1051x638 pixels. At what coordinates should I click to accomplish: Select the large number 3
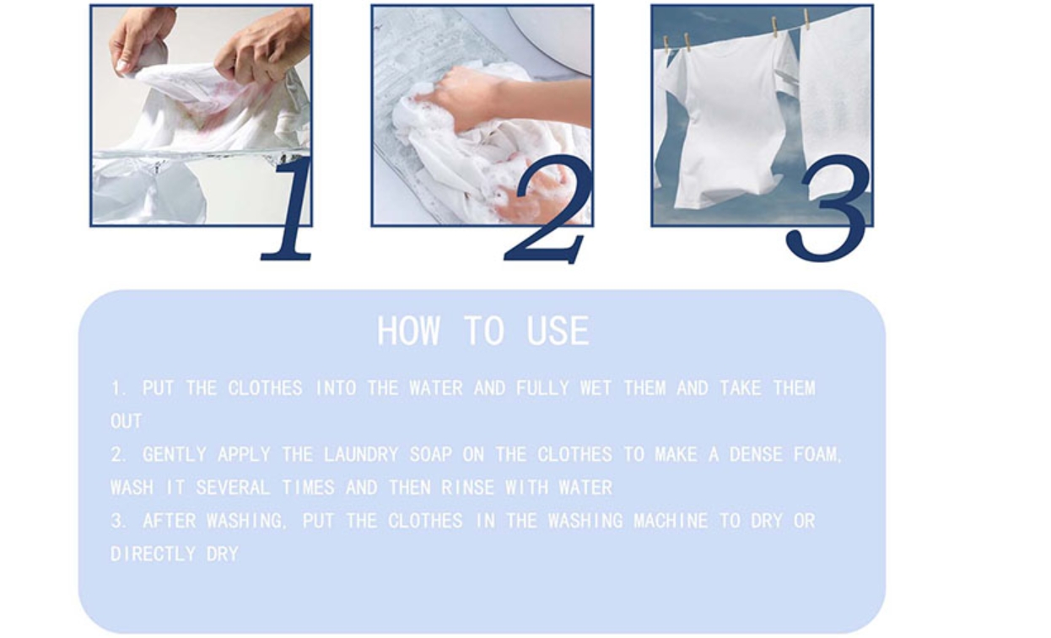(828, 209)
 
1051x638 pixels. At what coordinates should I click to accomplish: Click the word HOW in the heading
(408, 331)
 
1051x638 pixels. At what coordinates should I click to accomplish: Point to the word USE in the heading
(558, 331)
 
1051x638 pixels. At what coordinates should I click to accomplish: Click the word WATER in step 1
(436, 389)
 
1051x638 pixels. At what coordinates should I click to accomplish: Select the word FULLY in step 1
(543, 389)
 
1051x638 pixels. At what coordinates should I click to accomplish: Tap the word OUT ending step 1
(127, 421)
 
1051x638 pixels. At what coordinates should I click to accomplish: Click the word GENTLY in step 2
(175, 454)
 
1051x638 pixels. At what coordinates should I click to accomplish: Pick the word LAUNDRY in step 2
(361, 454)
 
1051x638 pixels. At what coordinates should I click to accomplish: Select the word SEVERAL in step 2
(233, 487)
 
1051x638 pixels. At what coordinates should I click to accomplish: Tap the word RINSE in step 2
(468, 487)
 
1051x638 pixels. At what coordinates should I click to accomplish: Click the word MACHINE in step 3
(671, 521)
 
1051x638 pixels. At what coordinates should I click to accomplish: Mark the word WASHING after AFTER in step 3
(245, 521)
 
